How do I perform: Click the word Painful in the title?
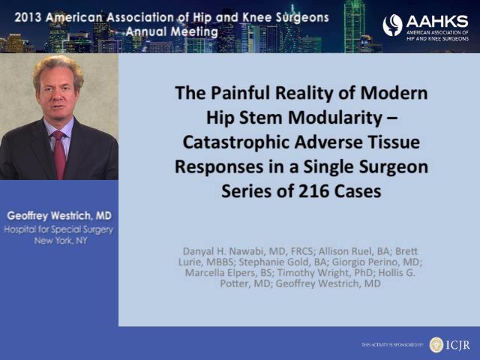[x=240, y=93]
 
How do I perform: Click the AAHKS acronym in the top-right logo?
[x=437, y=22]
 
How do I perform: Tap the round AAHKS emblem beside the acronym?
[x=392, y=25]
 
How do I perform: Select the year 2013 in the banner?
[x=28, y=17]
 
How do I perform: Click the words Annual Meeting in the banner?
[x=172, y=31]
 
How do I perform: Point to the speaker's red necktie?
[x=59, y=154]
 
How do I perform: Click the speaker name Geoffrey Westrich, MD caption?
[x=59, y=216]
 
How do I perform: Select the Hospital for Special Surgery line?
[x=58, y=229]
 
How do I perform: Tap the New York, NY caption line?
[x=61, y=241]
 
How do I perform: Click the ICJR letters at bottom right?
[x=457, y=345]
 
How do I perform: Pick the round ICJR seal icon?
[x=436, y=345]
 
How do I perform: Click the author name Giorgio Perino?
[x=367, y=262]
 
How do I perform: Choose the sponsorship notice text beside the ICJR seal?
[x=392, y=345]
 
